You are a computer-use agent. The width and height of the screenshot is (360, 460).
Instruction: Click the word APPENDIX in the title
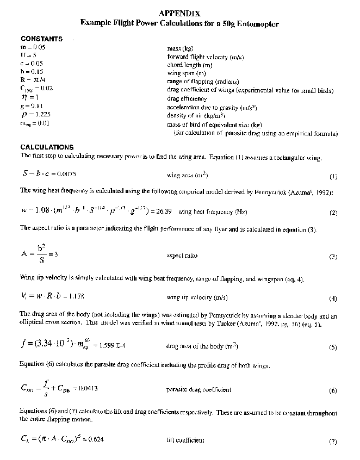[180, 12]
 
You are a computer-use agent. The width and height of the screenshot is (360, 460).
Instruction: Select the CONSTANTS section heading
[41, 39]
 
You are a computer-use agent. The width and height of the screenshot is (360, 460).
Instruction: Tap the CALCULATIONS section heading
[47, 147]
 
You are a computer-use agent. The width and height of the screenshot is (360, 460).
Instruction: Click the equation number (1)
[333, 177]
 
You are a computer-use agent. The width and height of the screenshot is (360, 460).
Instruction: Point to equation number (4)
[333, 299]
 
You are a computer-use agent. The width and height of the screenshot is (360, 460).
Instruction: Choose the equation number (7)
[333, 442]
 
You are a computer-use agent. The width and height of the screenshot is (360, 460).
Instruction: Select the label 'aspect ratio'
[182, 254]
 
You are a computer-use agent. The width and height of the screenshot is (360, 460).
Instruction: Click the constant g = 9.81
[30, 106]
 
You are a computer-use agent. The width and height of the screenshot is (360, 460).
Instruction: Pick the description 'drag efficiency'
[187, 98]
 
